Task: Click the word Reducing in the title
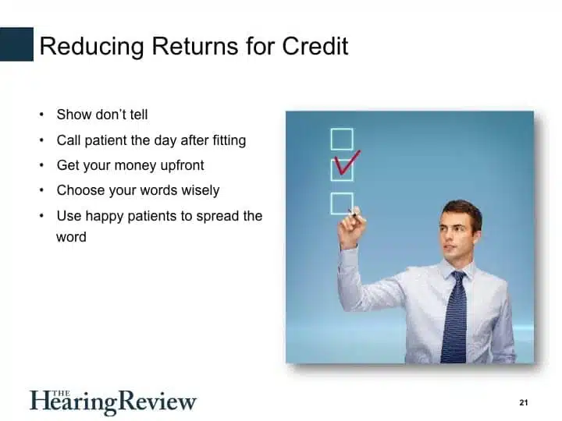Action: click(92, 47)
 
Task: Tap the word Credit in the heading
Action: click(315, 46)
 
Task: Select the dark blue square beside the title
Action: click(16, 44)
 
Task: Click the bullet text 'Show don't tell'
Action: click(102, 115)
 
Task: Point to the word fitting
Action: click(229, 140)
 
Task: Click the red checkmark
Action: click(347, 162)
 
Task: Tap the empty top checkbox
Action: click(342, 140)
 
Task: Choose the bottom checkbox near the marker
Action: click(342, 203)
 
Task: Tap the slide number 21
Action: click(523, 403)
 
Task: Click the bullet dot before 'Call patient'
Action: click(41, 140)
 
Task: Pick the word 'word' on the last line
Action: click(71, 237)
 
